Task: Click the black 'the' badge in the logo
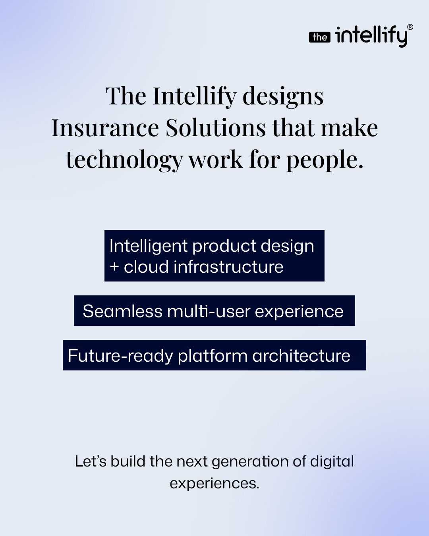[x=320, y=37]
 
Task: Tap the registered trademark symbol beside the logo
[x=410, y=27]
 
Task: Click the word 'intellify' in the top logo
[x=371, y=37]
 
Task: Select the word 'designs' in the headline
[x=283, y=96]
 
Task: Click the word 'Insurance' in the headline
[x=105, y=128]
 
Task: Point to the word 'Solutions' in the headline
[x=216, y=128]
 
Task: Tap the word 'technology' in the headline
[x=124, y=160]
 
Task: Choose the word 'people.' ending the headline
[x=325, y=160]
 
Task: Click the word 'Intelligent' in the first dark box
[x=148, y=247]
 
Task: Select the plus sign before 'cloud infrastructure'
[x=114, y=267]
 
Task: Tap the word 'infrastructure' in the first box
[x=228, y=267]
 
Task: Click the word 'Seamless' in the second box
[x=122, y=311]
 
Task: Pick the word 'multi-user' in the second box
[x=209, y=311]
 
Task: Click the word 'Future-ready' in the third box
[x=120, y=356]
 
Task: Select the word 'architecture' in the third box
[x=301, y=355]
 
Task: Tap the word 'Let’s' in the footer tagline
[x=91, y=461]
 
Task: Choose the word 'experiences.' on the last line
[x=214, y=484]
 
